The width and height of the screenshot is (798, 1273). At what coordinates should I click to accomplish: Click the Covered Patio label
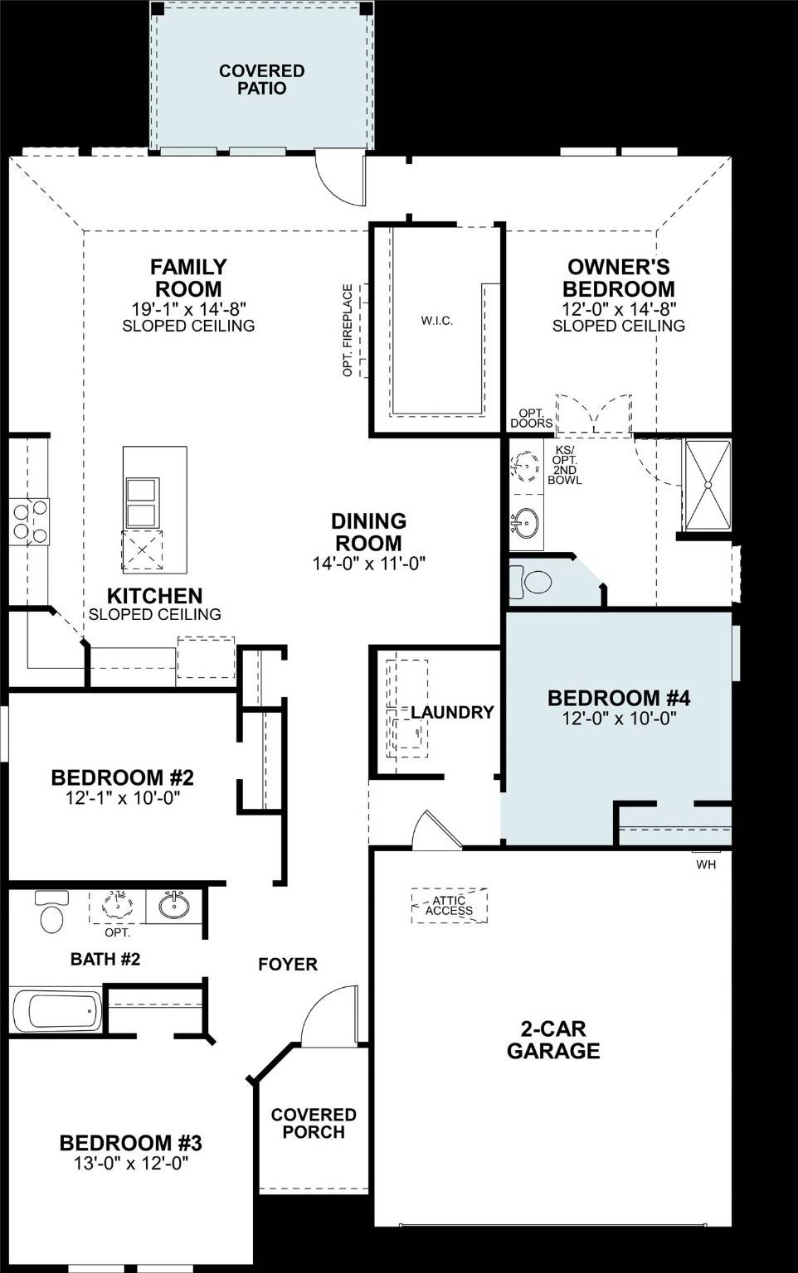[261, 80]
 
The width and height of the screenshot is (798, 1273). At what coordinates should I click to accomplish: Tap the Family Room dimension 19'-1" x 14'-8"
[188, 308]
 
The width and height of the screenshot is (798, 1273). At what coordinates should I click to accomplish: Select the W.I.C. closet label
[436, 321]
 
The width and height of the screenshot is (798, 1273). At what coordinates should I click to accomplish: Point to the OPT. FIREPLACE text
[348, 331]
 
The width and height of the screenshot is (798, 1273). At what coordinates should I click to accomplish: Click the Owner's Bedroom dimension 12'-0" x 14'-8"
[618, 308]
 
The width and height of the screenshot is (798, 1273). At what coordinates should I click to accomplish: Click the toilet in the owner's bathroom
[531, 582]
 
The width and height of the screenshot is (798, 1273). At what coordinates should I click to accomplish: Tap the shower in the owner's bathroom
[707, 485]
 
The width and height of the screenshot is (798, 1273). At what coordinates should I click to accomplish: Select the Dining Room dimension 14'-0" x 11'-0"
[368, 564]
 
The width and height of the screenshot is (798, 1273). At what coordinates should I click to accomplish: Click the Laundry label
[452, 712]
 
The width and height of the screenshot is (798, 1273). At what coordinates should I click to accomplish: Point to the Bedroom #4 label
[619, 698]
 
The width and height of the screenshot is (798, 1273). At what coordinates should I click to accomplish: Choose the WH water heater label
[706, 864]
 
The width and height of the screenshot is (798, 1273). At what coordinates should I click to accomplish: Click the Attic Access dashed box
[449, 906]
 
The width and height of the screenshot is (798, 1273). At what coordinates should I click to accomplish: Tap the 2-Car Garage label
[553, 1039]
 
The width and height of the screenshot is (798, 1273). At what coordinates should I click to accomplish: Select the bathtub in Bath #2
[56, 1010]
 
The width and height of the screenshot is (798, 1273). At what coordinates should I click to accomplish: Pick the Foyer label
[287, 964]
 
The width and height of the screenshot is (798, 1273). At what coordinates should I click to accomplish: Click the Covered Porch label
[314, 1123]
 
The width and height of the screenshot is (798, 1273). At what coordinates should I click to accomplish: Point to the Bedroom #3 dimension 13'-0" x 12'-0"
[131, 1164]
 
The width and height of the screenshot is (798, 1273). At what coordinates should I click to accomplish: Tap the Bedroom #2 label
[122, 777]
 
